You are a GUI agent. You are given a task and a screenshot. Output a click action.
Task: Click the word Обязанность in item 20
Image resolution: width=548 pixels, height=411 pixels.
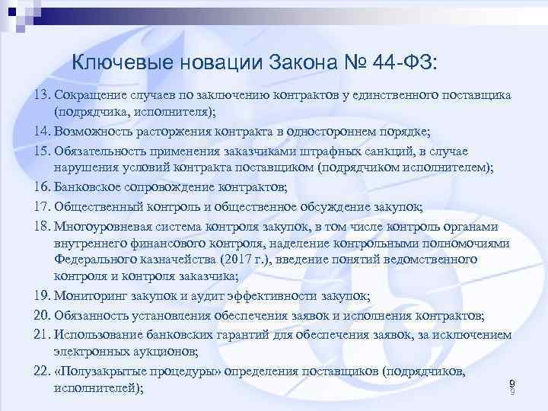[93, 315]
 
